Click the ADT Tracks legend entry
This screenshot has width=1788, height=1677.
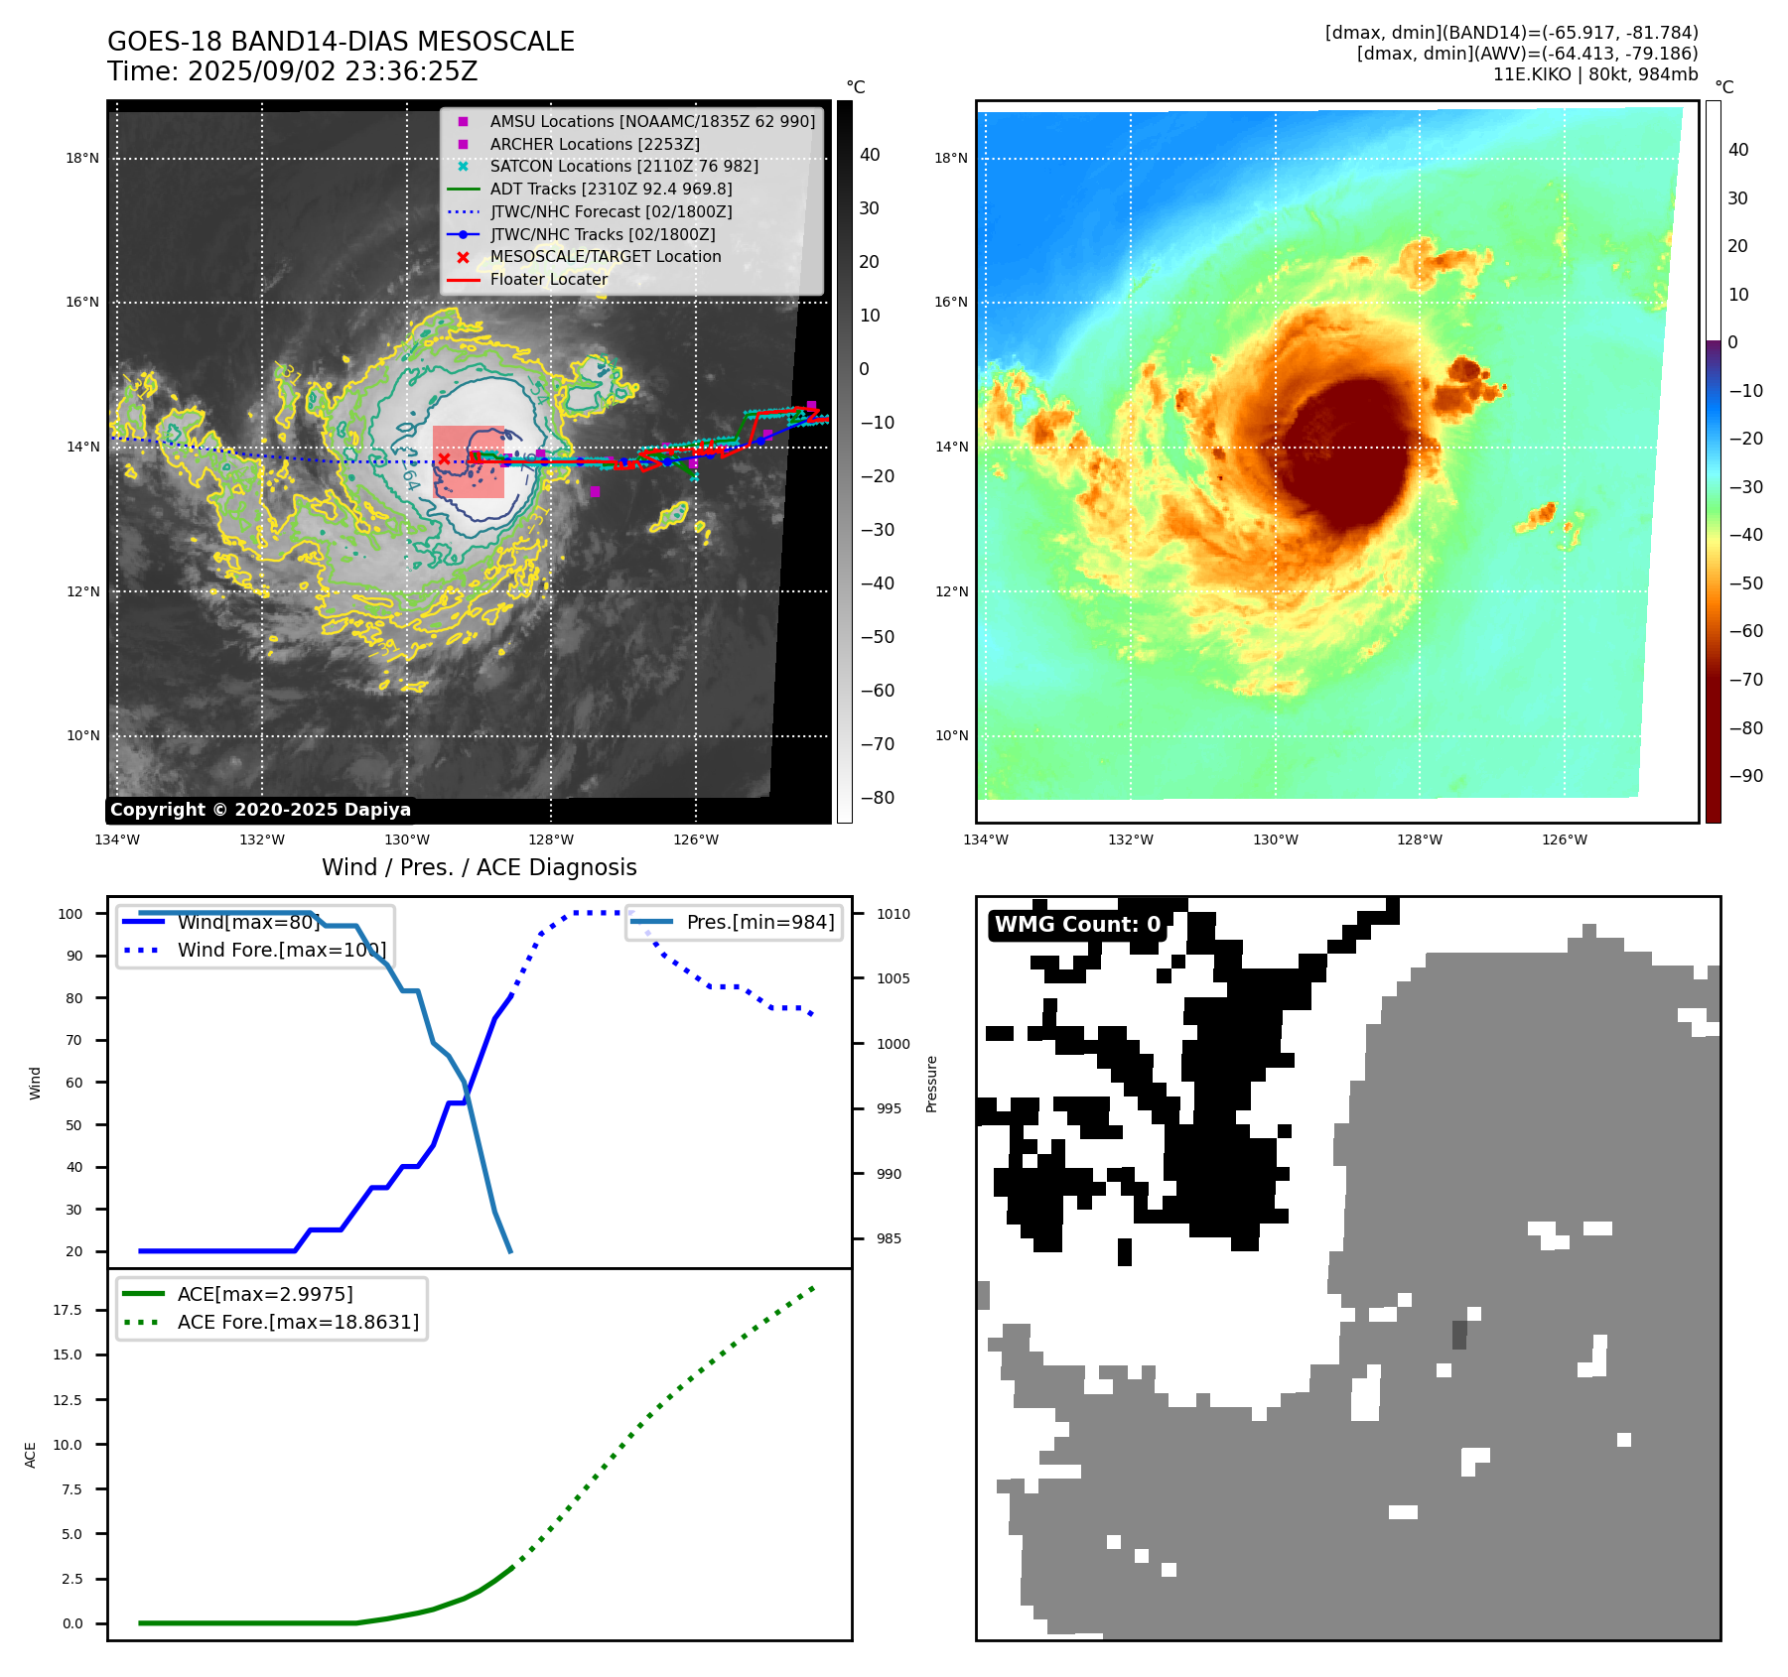point(611,189)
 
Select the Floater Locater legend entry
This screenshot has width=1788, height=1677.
point(548,280)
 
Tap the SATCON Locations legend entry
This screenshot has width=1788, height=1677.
point(623,166)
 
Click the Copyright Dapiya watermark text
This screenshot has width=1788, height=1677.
point(260,810)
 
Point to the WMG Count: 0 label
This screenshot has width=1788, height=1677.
point(1077,925)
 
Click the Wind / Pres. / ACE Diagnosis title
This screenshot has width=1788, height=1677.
point(479,867)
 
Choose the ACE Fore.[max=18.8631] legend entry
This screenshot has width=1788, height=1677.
point(298,1322)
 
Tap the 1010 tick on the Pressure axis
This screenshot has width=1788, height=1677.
point(893,914)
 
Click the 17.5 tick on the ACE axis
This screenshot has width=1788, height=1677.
point(68,1310)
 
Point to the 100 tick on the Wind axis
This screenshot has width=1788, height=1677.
point(70,914)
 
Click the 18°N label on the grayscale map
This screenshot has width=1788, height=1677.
point(82,158)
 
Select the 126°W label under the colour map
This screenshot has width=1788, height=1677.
point(1564,840)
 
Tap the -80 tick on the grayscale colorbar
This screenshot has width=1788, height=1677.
point(877,798)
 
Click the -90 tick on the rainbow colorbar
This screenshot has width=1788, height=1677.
point(1745,776)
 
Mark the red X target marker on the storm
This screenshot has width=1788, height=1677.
point(444,458)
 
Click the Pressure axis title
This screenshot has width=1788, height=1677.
point(931,1084)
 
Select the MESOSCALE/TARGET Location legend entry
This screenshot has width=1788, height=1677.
point(605,257)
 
